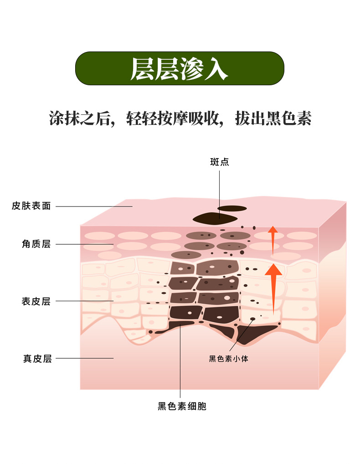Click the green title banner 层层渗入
pyautogui.click(x=180, y=68)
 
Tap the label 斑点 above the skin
pyautogui.click(x=220, y=162)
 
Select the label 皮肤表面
pyautogui.click(x=31, y=206)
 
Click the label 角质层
pyautogui.click(x=36, y=244)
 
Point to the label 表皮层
pyautogui.click(x=36, y=301)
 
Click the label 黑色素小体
pyautogui.click(x=229, y=359)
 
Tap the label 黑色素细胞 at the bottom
pyautogui.click(x=182, y=406)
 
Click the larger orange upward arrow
pyautogui.click(x=273, y=287)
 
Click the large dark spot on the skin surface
pyautogui.click(x=216, y=218)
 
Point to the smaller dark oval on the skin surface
pyautogui.click(x=232, y=208)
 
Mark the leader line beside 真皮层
pyautogui.click(x=84, y=358)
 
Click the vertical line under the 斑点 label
pyautogui.click(x=220, y=191)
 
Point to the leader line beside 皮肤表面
pyautogui.click(x=93, y=206)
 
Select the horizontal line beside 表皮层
pyautogui.click(x=84, y=301)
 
